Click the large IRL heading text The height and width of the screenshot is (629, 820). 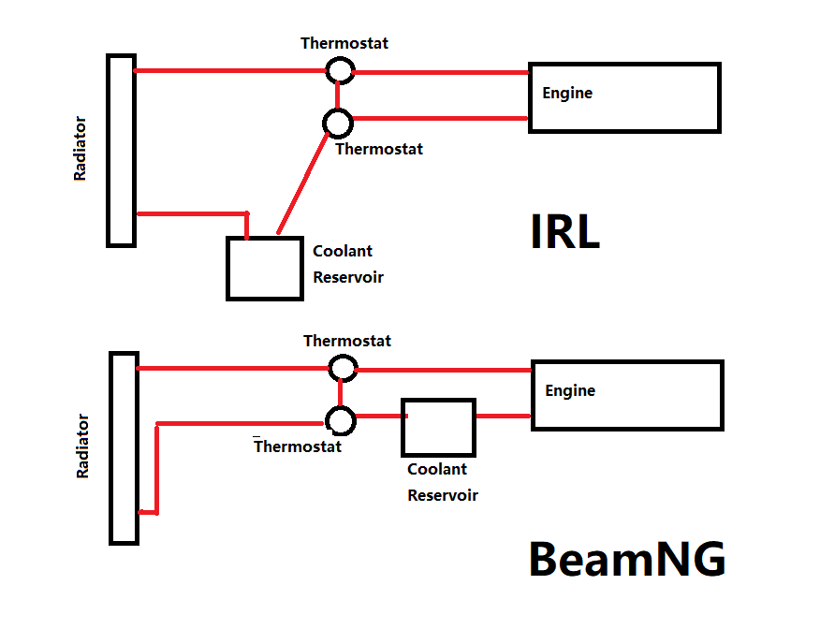coord(564,232)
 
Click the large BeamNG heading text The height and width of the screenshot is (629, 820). coord(626,559)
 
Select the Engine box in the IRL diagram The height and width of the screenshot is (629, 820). coord(624,97)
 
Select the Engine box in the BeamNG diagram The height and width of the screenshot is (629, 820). coord(627,395)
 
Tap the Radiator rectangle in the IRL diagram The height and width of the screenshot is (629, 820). coord(121,150)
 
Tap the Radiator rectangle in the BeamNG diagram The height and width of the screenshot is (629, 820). coord(124,447)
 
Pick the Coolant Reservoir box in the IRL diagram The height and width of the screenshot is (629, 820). coord(265,268)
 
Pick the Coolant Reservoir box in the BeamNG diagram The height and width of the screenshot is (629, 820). coord(438,428)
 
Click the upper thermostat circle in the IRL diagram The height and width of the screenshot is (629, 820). coord(339,70)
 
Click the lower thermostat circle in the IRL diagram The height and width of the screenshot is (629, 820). coord(337,122)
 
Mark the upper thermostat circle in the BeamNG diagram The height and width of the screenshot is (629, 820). coord(343,368)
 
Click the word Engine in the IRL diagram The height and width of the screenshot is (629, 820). coord(567,93)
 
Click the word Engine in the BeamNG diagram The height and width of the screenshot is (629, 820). coord(570,390)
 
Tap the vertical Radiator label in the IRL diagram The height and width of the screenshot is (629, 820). coord(81,148)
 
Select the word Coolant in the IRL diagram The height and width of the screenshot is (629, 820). coord(343,251)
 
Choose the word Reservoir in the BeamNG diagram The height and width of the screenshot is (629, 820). coord(443,495)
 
